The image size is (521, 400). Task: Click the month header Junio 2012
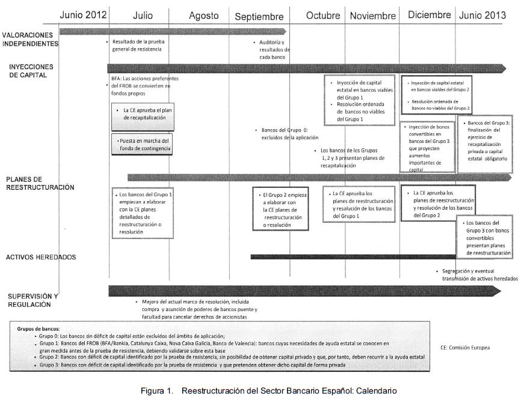click(83, 15)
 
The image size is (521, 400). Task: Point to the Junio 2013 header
click(482, 15)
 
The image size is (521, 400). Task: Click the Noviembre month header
click(373, 16)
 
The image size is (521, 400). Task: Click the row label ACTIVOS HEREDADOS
click(40, 257)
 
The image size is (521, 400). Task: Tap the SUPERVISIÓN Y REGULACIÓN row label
click(33, 300)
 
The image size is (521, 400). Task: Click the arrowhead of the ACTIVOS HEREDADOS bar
click(509, 256)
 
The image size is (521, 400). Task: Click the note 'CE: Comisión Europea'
click(465, 347)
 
